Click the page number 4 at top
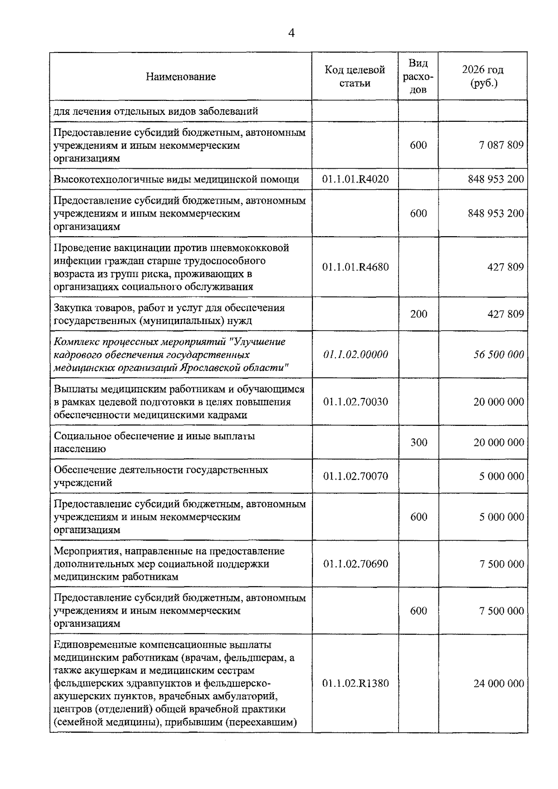coord(292,33)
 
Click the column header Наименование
coord(181,77)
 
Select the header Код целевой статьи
coord(355,76)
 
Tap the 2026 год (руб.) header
coord(483,76)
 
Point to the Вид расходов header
coord(418,76)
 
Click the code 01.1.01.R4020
coord(355,179)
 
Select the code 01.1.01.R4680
coord(355,267)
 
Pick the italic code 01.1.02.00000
coord(355,355)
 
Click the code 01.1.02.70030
coord(355,402)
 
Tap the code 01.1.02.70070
coord(355,476)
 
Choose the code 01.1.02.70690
coord(355,564)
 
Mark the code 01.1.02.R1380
coord(355,684)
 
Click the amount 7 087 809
coord(501,145)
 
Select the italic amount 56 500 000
coord(498,355)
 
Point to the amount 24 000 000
coord(498,684)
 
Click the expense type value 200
coord(418,314)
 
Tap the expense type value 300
coord(418,443)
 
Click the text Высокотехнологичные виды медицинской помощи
coord(176,179)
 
